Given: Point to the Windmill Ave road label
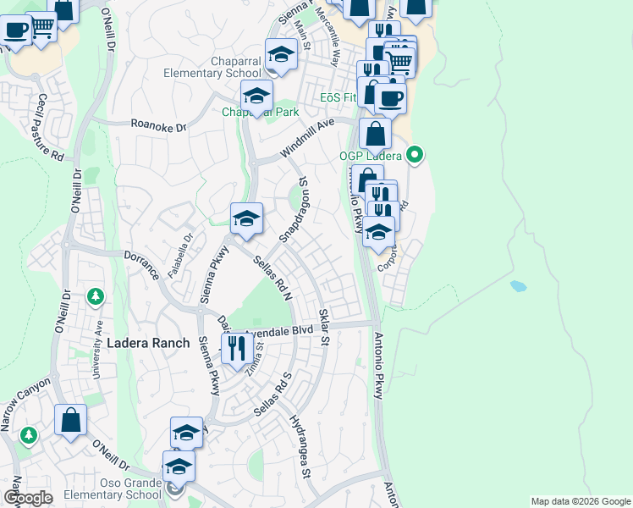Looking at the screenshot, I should point(308,136).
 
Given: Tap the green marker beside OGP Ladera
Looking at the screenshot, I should point(414,155).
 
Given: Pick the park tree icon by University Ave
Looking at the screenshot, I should point(96,295).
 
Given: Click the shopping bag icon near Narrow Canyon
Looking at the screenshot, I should point(71,420).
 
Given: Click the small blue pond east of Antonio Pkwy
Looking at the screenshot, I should point(519,286).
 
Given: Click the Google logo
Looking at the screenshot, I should point(29,498).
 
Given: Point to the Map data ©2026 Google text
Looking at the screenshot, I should point(580,501).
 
